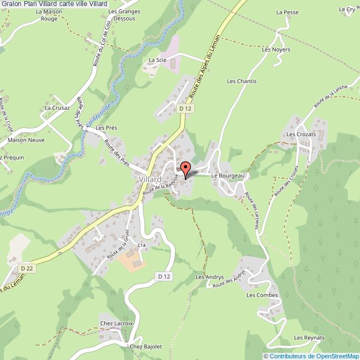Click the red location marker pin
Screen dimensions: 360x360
click(186, 168)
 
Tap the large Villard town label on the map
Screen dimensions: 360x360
click(150, 180)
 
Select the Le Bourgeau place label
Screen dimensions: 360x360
click(232, 175)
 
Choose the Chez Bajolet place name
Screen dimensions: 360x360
click(146, 347)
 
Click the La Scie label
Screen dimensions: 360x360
click(158, 59)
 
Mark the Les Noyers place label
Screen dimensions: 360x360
click(276, 49)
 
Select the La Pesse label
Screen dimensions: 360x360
click(287, 12)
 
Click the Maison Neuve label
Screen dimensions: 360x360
click(26, 140)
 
